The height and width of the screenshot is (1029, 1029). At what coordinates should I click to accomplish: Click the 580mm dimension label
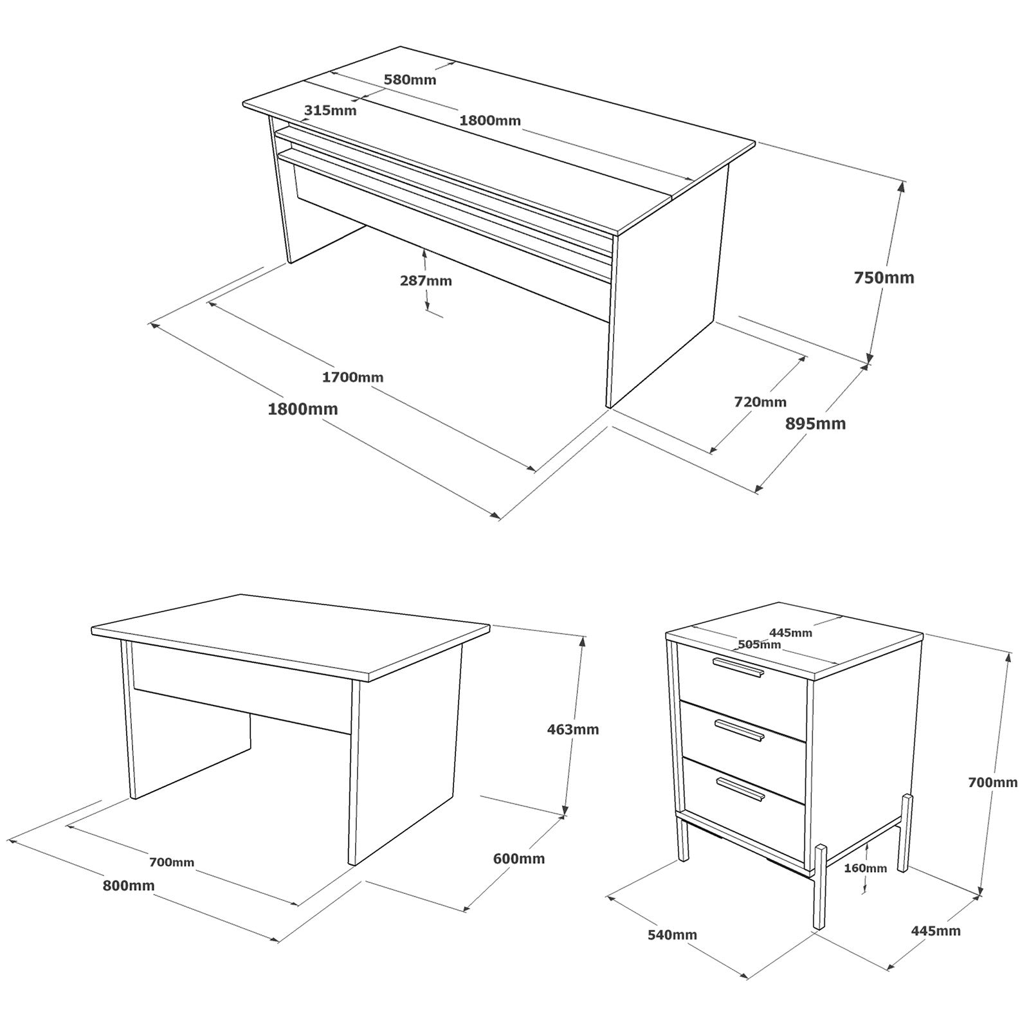(410, 80)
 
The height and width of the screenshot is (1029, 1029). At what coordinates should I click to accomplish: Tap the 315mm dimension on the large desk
(330, 110)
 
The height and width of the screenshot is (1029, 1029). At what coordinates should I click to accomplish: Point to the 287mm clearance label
(426, 281)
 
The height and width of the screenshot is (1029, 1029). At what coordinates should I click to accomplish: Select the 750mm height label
(884, 278)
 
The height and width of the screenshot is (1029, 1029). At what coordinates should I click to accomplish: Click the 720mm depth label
(760, 402)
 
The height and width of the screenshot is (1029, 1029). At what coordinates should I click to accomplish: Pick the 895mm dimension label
(815, 424)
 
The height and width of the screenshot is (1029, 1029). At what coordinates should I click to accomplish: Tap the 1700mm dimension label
(352, 378)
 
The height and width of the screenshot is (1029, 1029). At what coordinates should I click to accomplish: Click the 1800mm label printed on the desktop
(490, 120)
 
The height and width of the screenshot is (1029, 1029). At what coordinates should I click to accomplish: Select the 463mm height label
(573, 729)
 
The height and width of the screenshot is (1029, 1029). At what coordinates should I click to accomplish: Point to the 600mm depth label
(518, 859)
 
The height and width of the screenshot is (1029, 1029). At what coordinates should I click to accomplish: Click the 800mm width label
(129, 886)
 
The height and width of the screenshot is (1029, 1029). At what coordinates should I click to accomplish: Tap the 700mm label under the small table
(172, 862)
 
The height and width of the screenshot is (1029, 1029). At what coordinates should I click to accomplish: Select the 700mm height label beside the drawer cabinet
(993, 783)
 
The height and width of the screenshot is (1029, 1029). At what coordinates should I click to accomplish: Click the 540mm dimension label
(673, 935)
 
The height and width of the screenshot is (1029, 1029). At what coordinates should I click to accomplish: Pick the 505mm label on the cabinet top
(760, 644)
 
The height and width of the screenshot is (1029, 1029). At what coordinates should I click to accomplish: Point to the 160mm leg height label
(866, 868)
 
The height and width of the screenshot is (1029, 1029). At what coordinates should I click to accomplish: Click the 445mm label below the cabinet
(936, 931)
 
